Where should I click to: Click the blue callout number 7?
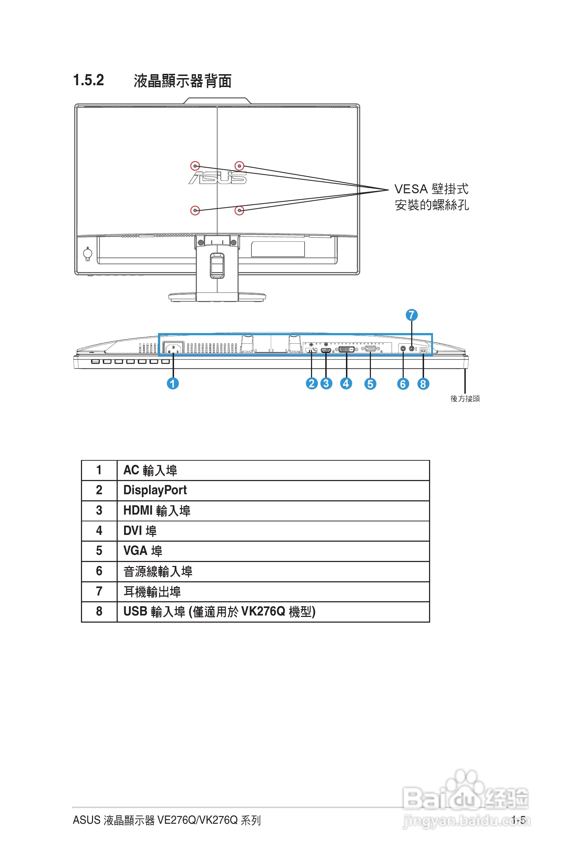(x=411, y=315)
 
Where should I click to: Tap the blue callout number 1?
(x=173, y=383)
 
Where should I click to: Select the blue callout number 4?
(x=346, y=383)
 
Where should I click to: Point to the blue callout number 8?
(x=423, y=384)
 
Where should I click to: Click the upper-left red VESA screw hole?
(x=195, y=165)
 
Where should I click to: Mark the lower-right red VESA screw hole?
(x=239, y=210)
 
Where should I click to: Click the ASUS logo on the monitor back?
(x=218, y=178)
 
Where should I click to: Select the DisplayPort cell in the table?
(x=155, y=490)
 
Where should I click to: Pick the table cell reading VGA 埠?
(x=143, y=551)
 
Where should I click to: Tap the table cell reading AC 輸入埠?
(x=150, y=470)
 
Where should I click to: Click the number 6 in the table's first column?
(x=99, y=571)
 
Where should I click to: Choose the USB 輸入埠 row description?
(x=219, y=612)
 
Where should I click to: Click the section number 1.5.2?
(x=88, y=80)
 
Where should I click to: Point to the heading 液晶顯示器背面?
(x=182, y=81)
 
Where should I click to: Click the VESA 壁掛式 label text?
(x=431, y=189)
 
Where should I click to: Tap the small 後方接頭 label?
(x=465, y=398)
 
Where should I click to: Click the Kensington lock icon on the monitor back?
(x=88, y=254)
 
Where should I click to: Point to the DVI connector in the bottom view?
(x=346, y=349)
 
